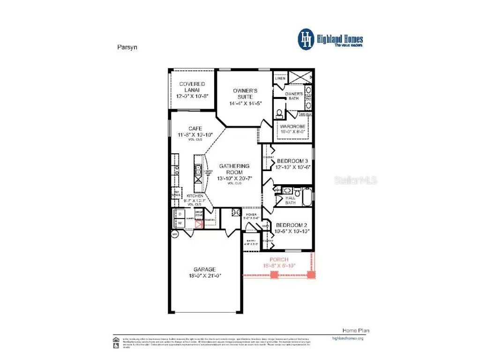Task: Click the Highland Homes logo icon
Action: point(307,39)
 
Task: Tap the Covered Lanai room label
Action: point(192,87)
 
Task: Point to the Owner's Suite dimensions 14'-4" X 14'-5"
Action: point(245,103)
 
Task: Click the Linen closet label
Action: point(280,78)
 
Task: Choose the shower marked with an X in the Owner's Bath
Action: point(300,76)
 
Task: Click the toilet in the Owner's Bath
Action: point(279,113)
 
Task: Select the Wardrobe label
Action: point(292,127)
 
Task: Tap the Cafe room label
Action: point(195,128)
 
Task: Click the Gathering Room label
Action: point(234,169)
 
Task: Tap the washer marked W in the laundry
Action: point(179,223)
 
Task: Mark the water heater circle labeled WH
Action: point(175,233)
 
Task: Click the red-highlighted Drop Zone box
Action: point(199,223)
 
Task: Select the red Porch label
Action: point(278,259)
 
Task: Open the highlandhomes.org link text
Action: point(347,338)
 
